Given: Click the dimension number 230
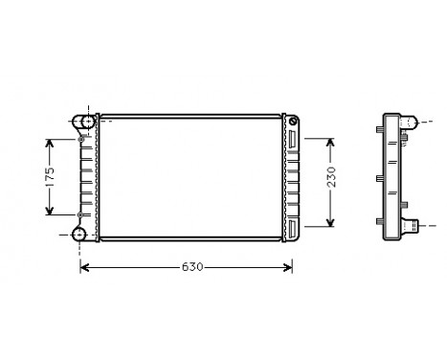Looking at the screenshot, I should tap(330, 180).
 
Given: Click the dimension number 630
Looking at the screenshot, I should tap(190, 267).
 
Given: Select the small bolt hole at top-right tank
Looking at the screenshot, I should tap(292, 122).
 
